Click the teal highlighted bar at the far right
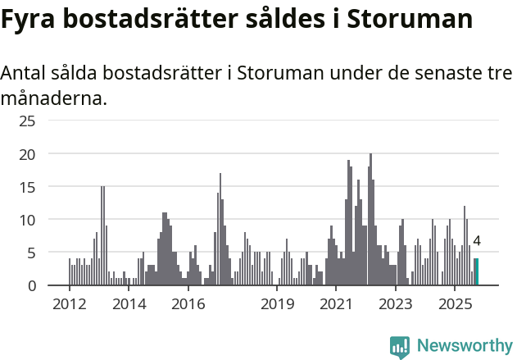[476, 271]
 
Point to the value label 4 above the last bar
[477, 242]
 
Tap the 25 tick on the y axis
[28, 121]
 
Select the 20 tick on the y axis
[28, 154]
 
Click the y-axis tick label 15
[28, 187]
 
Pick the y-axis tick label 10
[28, 220]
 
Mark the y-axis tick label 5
[32, 253]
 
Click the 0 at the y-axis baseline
[32, 285]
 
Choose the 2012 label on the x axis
[69, 305]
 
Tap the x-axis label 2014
[129, 305]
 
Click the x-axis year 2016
[188, 305]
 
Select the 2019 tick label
[278, 305]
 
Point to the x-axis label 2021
[337, 305]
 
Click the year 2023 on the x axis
[397, 305]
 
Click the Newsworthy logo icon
[400, 346]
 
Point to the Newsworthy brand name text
[465, 346]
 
